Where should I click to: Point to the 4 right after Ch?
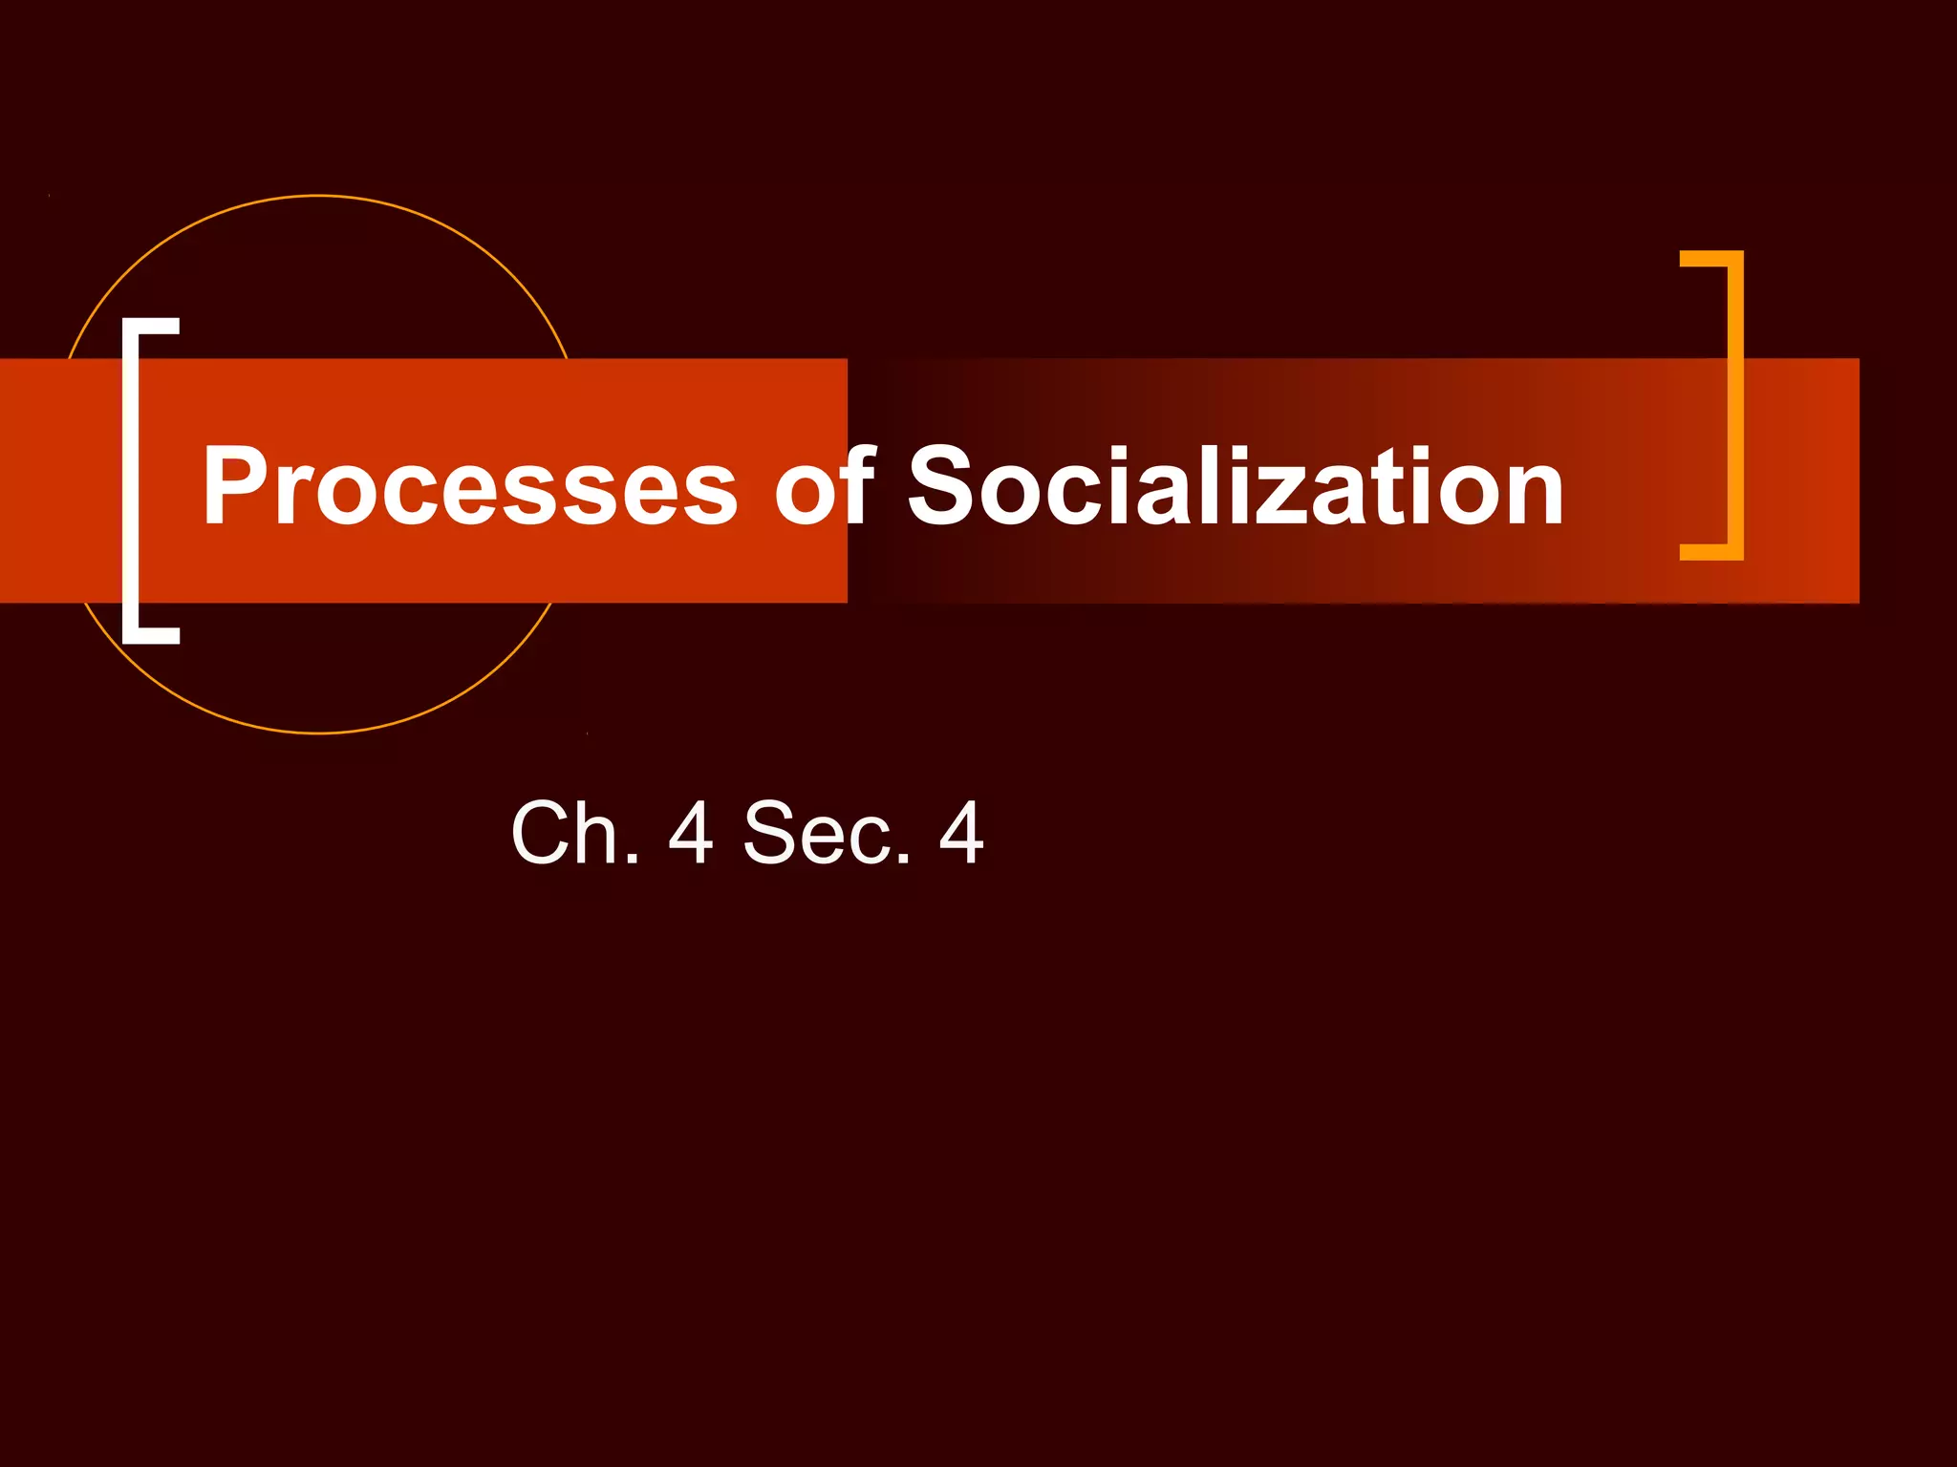(691, 833)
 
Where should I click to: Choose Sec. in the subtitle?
(828, 833)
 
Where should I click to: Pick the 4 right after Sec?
(960, 833)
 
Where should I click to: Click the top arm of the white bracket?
(153, 325)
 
